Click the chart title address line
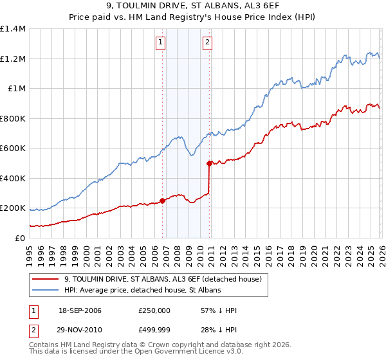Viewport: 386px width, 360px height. click(x=193, y=7)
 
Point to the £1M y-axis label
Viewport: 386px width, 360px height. click(x=16, y=89)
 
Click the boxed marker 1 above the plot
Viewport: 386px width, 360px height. click(x=160, y=43)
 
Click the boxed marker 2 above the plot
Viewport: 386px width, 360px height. click(x=208, y=43)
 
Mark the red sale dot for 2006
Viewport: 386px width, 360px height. click(x=162, y=201)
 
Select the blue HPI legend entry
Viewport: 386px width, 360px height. click(x=142, y=291)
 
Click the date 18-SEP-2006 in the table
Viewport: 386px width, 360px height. click(x=80, y=310)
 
